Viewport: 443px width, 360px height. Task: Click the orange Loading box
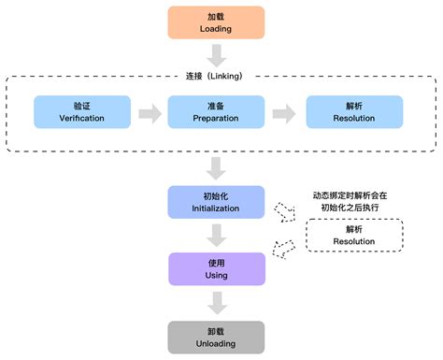pos(216,22)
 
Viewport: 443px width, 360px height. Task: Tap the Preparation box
pos(216,111)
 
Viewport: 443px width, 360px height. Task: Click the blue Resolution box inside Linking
pos(356,111)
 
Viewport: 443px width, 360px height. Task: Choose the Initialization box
pos(216,203)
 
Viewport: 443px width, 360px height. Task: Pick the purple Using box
pos(216,269)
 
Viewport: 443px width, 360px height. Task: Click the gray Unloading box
pos(216,337)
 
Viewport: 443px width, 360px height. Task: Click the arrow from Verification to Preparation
pos(145,112)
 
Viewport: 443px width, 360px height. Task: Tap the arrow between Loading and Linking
pos(216,55)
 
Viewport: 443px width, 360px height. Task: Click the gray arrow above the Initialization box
pos(216,168)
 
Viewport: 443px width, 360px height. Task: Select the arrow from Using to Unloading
pos(216,302)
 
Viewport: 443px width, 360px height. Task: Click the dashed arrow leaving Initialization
pos(282,211)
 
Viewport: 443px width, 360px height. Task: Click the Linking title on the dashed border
pos(216,75)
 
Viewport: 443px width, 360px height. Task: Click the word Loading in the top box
pos(216,29)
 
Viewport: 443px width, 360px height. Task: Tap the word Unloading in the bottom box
pos(216,343)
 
